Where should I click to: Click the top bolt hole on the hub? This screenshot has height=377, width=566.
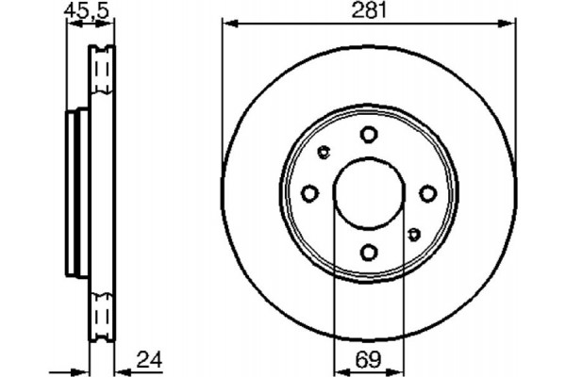369,136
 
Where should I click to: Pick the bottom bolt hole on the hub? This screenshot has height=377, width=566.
369,252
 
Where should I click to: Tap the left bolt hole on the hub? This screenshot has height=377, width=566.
310,193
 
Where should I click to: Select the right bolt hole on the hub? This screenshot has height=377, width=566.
427,193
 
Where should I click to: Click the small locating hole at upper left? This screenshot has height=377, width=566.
325,152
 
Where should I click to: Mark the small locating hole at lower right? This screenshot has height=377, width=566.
413,233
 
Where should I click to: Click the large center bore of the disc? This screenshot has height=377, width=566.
369,193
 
